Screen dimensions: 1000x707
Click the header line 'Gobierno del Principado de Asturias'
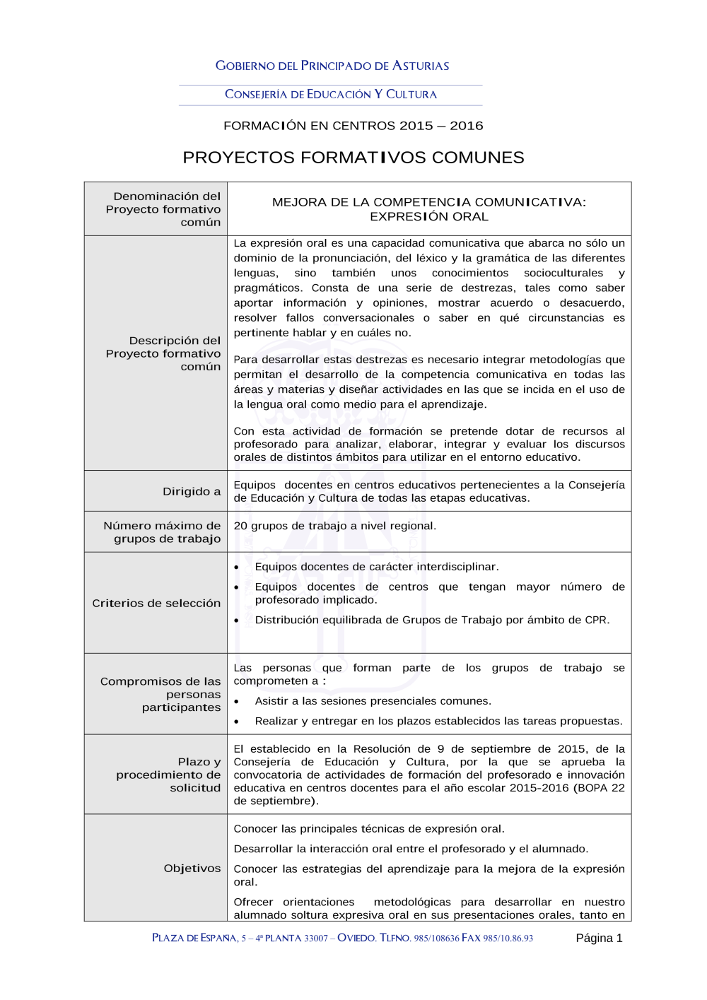coord(332,66)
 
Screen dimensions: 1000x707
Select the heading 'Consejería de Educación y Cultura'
coord(331,94)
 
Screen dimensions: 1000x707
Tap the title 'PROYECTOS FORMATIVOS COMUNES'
coord(353,158)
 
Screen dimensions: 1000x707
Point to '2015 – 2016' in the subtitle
coord(441,126)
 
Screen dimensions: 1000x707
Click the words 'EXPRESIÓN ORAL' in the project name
coord(429,216)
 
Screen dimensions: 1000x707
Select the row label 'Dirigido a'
coord(192,491)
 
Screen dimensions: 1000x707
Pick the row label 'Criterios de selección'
coord(156,603)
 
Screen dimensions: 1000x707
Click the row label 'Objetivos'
coord(192,868)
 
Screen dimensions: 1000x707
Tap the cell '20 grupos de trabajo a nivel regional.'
coord(335,526)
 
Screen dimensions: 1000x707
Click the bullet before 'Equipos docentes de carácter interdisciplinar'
coord(237,567)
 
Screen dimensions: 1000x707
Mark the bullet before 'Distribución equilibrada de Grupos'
coord(237,620)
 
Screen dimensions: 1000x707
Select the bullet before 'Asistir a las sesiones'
coord(237,702)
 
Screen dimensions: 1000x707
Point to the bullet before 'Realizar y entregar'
coord(237,722)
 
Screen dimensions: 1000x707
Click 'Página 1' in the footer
coord(599,938)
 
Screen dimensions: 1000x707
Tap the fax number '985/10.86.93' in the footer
coord(508,939)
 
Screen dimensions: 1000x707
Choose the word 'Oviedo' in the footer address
coord(356,938)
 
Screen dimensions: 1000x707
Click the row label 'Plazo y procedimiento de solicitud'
coord(168,775)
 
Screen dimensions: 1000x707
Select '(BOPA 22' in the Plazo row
coord(599,788)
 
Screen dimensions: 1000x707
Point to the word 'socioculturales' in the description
coord(563,273)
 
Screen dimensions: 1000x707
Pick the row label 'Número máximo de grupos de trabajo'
coord(162,532)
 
